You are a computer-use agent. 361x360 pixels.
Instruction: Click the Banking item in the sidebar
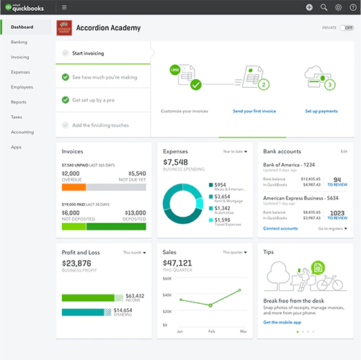pos(19,42)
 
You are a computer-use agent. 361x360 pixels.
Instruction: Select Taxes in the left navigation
pos(17,117)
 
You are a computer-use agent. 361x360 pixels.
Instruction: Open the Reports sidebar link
pos(19,102)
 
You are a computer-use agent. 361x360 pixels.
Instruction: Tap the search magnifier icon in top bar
pos(324,7)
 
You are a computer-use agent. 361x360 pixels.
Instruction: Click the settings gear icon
pos(339,7)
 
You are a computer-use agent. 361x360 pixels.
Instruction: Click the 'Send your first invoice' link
pos(254,112)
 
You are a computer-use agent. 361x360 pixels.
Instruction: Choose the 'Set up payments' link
pos(321,112)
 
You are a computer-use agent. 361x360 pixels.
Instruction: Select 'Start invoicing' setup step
pos(88,53)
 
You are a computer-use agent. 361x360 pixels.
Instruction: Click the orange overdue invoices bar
pos(74,186)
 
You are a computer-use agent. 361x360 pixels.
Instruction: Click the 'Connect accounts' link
pos(280,228)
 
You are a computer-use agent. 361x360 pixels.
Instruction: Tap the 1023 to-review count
pos(335,213)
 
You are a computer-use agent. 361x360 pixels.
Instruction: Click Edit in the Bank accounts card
pos(344,152)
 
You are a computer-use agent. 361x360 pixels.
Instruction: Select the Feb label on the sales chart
pos(210,332)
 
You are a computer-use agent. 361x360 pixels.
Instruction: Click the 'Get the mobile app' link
pos(282,322)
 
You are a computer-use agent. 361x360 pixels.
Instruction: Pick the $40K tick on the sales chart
pos(168,295)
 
